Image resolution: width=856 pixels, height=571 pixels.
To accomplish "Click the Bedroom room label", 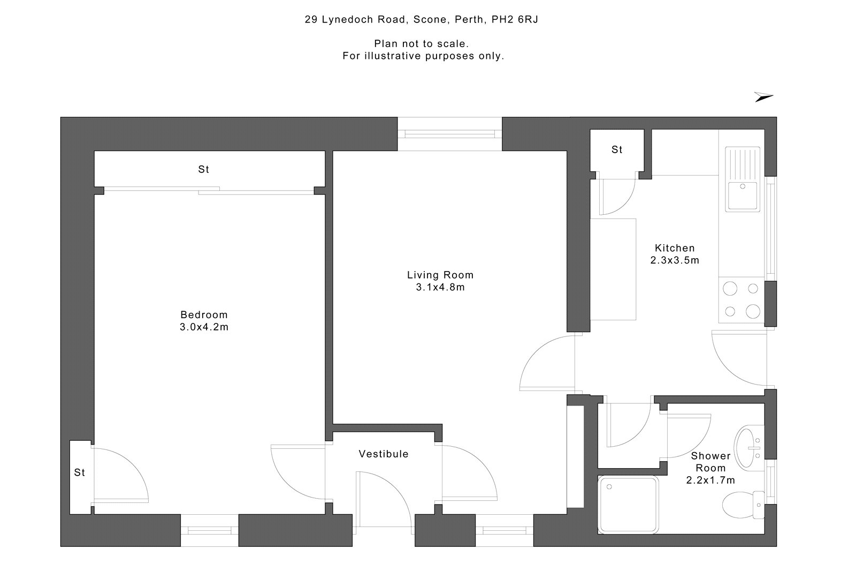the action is (204, 315).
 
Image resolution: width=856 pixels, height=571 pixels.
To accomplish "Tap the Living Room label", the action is (440, 275).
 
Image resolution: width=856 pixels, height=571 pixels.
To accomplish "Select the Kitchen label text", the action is (675, 248).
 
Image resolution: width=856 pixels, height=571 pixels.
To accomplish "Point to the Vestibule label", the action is (383, 454).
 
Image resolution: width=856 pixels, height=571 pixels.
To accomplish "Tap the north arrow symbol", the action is (763, 97).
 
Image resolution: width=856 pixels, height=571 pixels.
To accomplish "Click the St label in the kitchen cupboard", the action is (617, 150).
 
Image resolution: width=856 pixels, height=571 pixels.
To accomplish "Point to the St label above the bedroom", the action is (203, 169).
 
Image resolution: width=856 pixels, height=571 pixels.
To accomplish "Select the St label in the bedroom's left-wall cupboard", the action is (80, 472).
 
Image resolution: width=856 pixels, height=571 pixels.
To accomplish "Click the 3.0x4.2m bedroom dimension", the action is (204, 327).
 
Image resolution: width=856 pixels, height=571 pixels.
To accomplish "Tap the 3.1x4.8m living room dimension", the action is (440, 288).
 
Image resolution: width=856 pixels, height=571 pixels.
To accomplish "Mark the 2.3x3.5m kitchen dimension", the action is (675, 261).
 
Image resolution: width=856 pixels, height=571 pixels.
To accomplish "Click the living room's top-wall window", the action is (449, 134).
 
